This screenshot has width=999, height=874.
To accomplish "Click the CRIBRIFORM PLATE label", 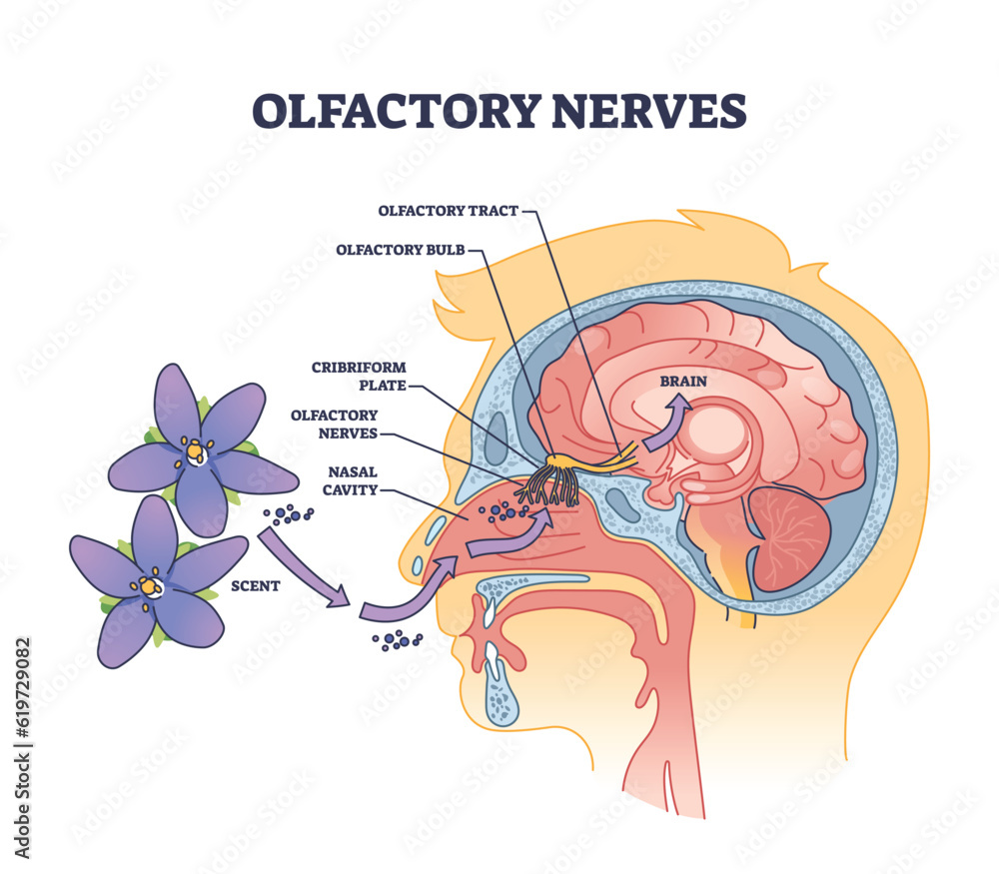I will click(367, 376).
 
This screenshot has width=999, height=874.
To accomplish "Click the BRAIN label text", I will click(683, 382).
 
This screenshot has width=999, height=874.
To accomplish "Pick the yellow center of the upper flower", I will click(195, 453).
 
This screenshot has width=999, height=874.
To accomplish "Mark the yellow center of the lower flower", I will click(151, 586).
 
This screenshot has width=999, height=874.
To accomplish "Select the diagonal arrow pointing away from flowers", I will click(304, 567).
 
